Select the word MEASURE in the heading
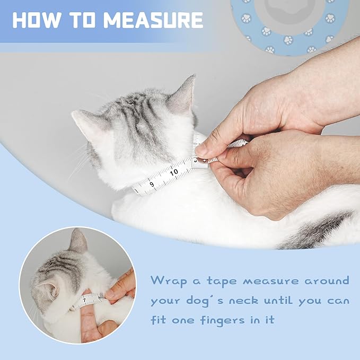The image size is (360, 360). pyautogui.click(x=154, y=20)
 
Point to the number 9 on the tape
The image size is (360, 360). pyautogui.click(x=152, y=184)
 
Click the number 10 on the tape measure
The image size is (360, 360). pyautogui.click(x=174, y=171)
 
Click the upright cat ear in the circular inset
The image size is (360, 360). pyautogui.click(x=78, y=241)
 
